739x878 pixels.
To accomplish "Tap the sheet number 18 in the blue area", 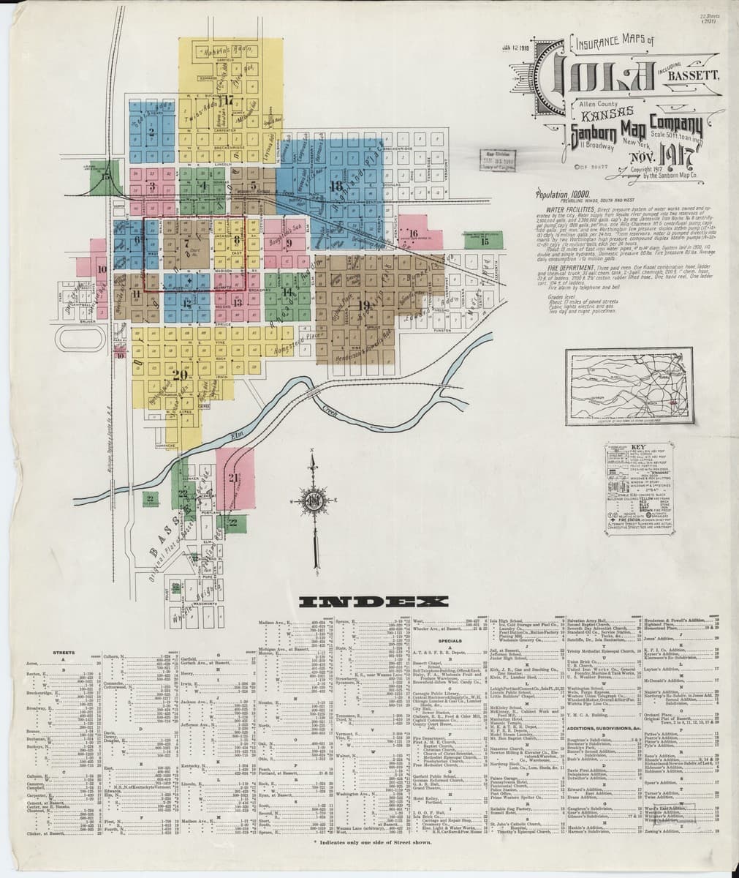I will [336, 187].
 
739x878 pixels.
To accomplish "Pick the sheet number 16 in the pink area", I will [414, 234].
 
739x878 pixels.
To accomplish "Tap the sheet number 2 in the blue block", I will [151, 132].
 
